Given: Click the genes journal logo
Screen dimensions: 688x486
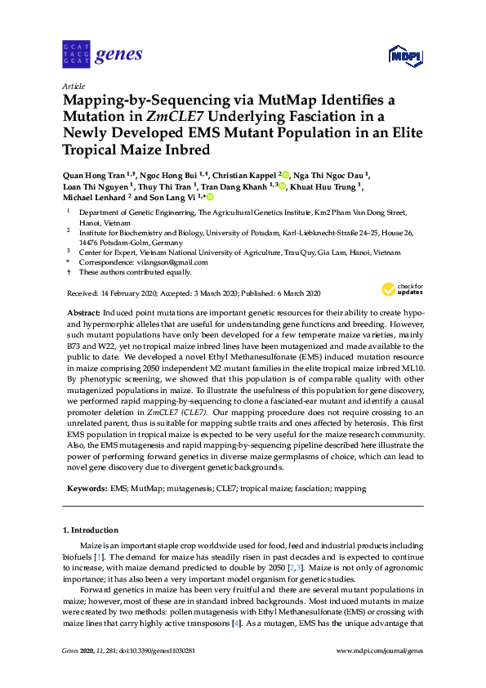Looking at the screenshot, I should coord(102,55).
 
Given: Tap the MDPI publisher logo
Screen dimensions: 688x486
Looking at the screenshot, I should coord(405,56).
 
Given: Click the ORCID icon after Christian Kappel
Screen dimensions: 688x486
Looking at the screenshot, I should coord(286,174).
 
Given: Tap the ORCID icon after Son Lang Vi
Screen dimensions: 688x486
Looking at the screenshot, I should coord(210,197).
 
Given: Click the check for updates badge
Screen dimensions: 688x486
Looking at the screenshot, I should coord(403,288).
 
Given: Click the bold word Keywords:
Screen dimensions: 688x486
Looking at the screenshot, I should coord(85,488).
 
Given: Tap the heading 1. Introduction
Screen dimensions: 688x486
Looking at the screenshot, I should coord(90,529).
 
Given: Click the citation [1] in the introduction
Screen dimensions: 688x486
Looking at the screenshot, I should coord(97,556).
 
